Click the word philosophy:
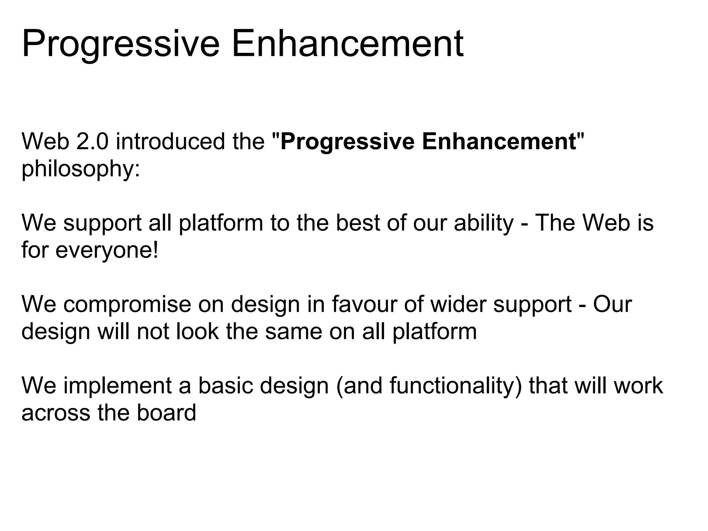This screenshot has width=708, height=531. tap(81, 169)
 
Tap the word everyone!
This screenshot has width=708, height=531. tap(107, 250)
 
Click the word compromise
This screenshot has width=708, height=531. tap(127, 304)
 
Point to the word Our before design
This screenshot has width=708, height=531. tap(612, 304)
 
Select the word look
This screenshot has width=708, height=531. tap(197, 331)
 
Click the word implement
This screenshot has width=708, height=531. tap(118, 385)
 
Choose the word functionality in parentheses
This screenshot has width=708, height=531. tap(453, 385)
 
